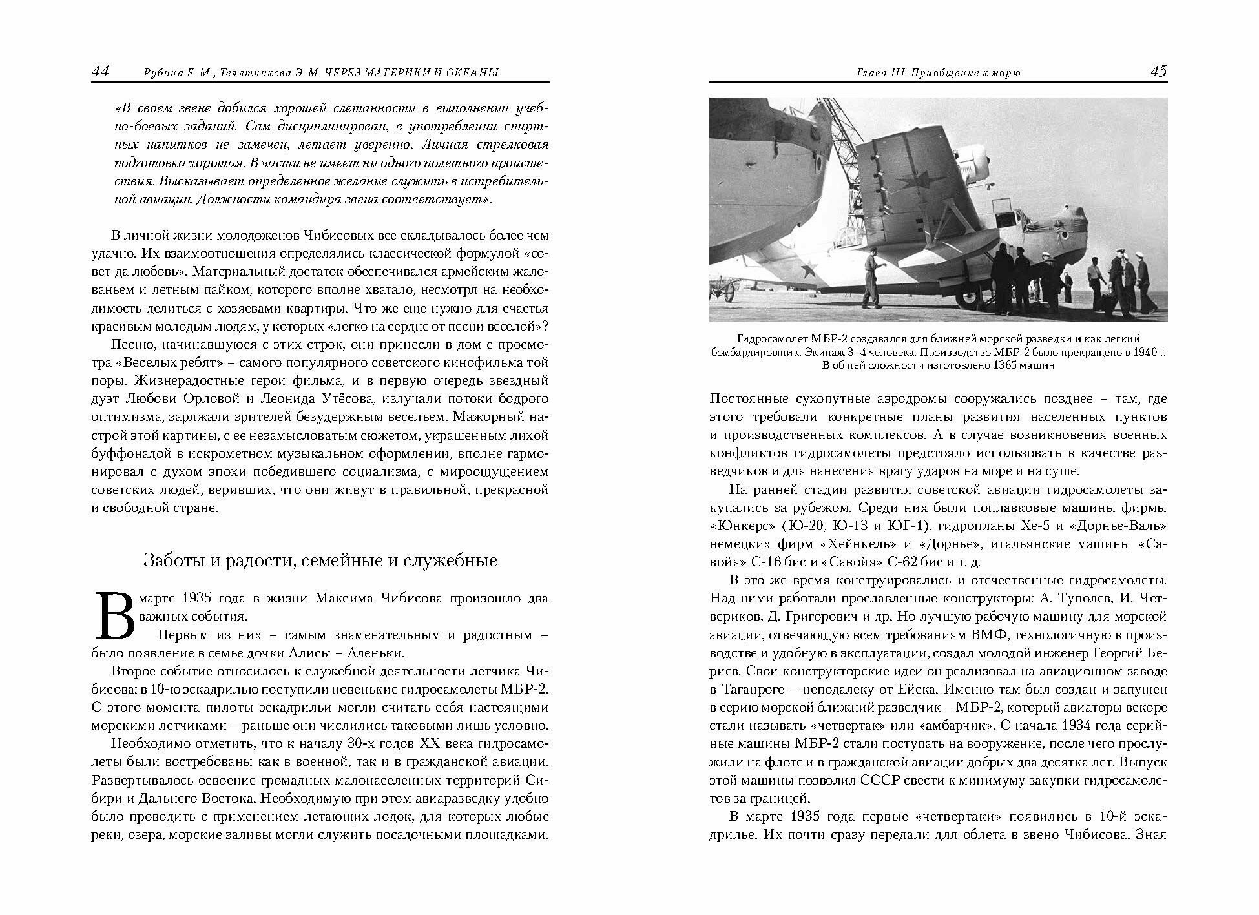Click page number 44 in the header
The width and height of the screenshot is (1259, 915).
tap(100, 71)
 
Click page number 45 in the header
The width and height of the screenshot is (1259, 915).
tap(1159, 71)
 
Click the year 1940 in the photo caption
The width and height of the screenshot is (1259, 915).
tap(1138, 353)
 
